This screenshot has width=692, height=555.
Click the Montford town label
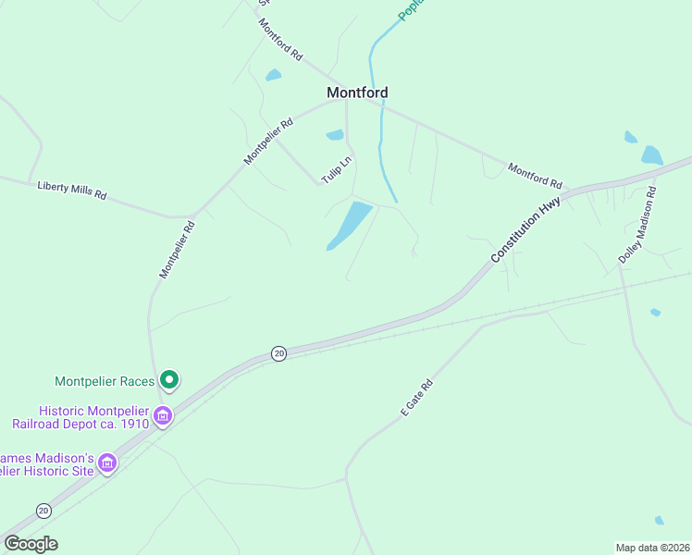357,92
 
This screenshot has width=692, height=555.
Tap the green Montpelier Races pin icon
169,379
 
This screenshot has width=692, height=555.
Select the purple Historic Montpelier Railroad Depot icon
163,416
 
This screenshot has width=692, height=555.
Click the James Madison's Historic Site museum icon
107,462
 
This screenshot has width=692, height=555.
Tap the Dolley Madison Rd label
637,226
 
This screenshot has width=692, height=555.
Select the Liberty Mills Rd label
72,191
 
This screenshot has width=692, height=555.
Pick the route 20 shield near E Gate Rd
278,353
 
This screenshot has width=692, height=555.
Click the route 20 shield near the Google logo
43,511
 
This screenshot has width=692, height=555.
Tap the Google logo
31,544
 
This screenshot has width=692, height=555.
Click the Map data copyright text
652,547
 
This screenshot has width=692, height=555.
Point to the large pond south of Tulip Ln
350,225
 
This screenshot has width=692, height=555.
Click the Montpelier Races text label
104,380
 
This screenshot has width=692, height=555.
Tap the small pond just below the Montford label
335,135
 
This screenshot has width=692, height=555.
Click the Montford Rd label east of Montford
535,175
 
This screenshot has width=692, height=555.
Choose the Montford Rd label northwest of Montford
281,40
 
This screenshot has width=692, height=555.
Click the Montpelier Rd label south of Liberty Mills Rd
177,249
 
